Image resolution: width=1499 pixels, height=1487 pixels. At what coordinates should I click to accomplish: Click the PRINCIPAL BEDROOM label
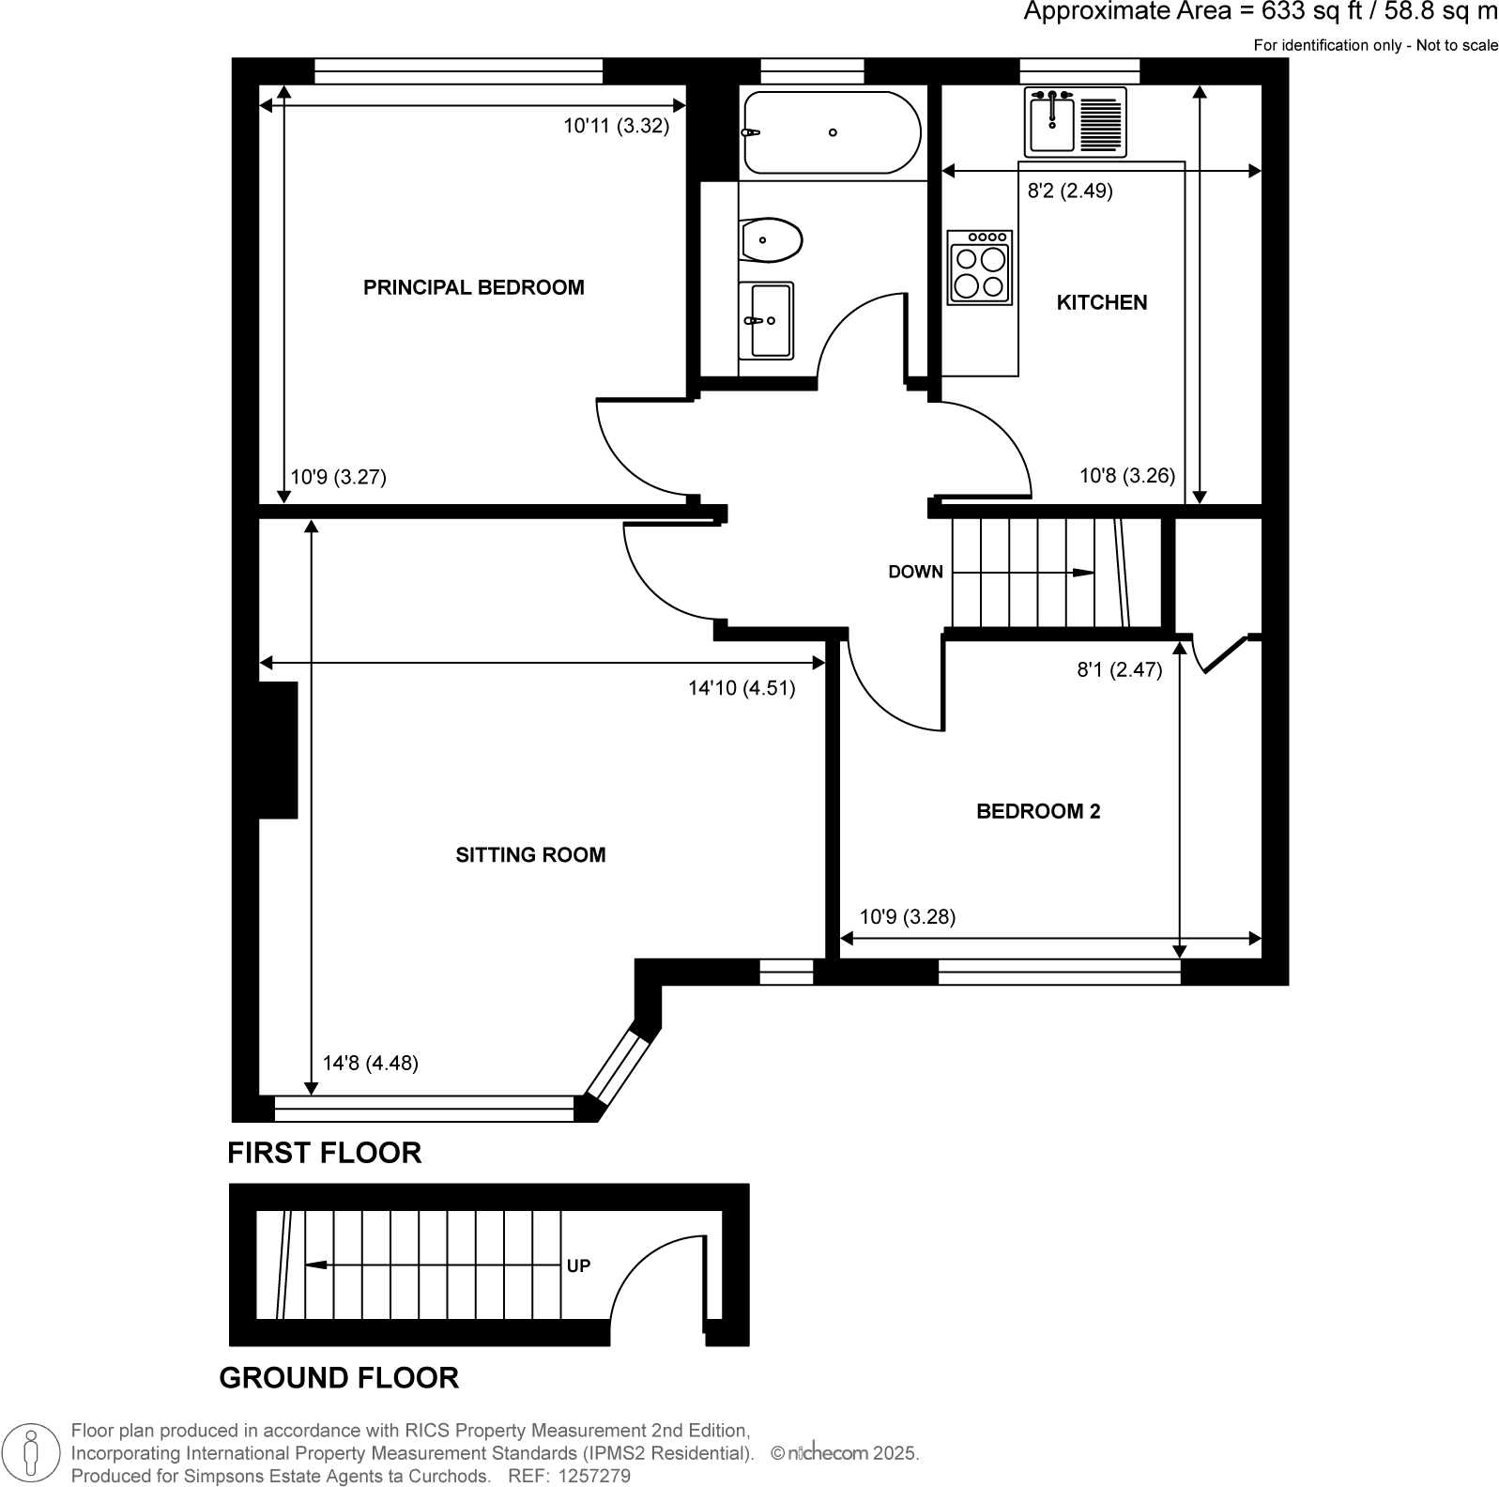point(473,287)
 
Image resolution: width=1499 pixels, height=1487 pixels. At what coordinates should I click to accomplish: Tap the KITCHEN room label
point(1101,302)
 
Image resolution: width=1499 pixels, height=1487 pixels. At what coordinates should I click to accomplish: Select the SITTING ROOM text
point(530,854)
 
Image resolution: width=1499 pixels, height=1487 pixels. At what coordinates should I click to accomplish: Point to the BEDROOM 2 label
point(1037,811)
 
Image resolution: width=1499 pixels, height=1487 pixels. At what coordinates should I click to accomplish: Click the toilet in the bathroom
point(770,241)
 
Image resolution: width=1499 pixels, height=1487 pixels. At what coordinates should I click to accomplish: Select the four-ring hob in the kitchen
point(979,268)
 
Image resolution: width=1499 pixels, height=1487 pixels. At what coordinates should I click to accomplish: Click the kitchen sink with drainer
point(1075,122)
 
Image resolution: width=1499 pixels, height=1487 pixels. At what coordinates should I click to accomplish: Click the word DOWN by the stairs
point(915,572)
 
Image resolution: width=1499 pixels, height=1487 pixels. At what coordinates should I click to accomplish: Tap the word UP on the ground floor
point(578,1265)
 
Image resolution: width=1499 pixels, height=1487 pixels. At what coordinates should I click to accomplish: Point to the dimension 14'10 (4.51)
point(741,688)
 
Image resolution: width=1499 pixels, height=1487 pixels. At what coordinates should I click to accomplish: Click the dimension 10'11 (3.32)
point(616,126)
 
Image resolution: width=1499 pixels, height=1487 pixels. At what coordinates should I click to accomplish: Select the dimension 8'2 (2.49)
point(1070,191)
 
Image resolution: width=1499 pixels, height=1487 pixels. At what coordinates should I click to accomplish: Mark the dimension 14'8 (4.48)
point(370,1063)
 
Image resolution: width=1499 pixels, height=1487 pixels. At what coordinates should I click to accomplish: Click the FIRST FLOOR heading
point(324,1152)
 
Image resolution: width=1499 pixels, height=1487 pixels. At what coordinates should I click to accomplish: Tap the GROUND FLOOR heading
point(338,1377)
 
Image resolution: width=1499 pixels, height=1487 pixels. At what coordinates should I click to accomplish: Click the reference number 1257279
point(593,1476)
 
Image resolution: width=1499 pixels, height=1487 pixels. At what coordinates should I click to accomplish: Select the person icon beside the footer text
point(32,1451)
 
